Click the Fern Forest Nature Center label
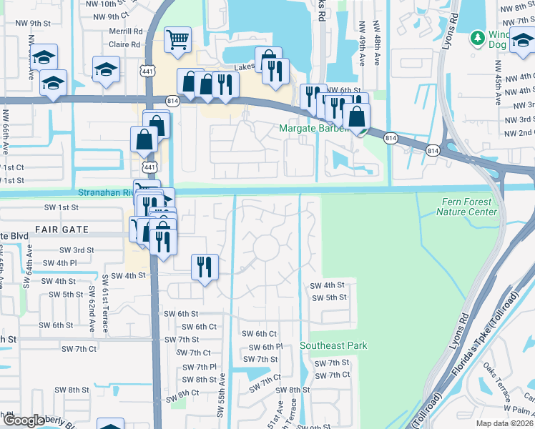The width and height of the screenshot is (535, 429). pyautogui.click(x=467, y=207)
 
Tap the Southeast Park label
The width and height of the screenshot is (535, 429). pyautogui.click(x=333, y=345)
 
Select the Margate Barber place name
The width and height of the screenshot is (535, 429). pyautogui.click(x=313, y=129)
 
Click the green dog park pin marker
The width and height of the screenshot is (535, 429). pyautogui.click(x=477, y=37)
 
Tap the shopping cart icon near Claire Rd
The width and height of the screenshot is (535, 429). pyautogui.click(x=177, y=40)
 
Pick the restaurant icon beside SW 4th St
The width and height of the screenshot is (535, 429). pyautogui.click(x=205, y=267)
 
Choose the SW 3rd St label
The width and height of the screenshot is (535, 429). pyautogui.click(x=79, y=250)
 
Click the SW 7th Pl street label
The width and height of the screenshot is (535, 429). pyautogui.click(x=199, y=366)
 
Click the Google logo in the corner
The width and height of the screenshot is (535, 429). pyautogui.click(x=23, y=420)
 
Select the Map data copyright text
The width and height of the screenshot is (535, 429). pyautogui.click(x=505, y=423)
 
